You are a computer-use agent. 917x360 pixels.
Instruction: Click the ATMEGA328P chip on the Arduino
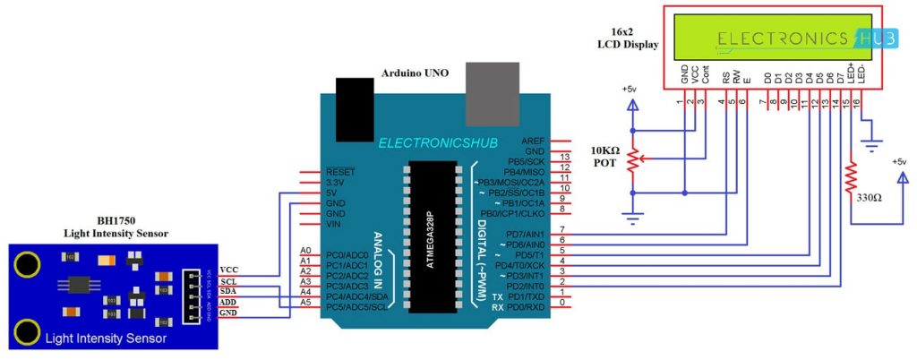pos(433,236)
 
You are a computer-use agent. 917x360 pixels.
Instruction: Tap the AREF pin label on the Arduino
pos(530,141)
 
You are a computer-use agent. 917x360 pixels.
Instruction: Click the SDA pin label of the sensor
pos(228,291)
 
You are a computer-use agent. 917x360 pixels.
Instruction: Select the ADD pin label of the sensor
pos(228,303)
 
